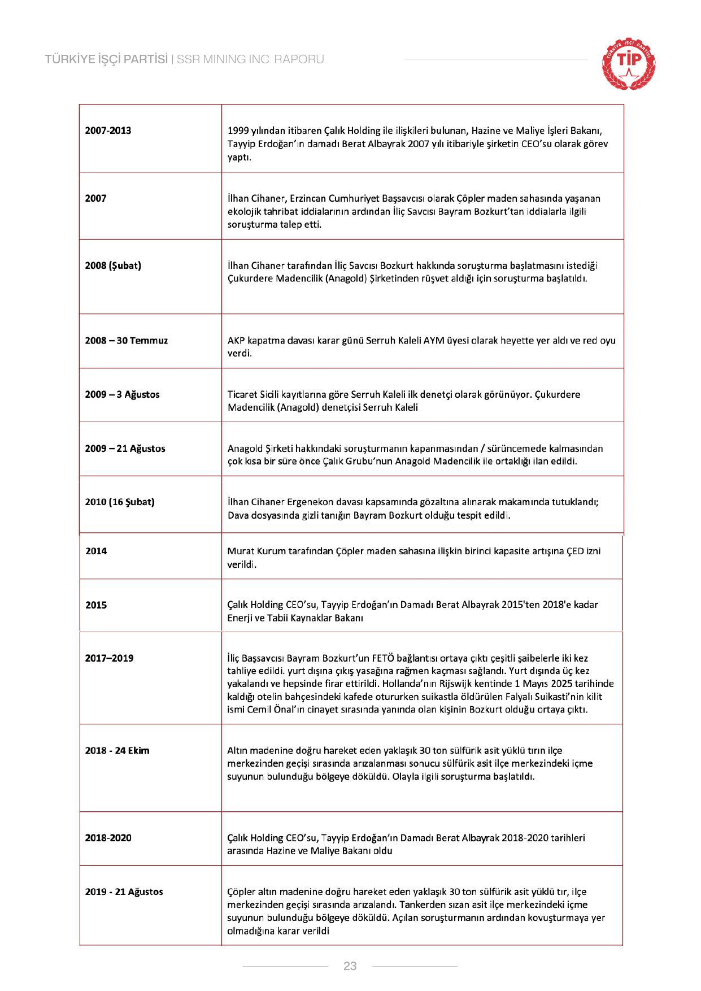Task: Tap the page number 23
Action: pos(350,966)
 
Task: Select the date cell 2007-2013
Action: pos(108,131)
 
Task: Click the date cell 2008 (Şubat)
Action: pos(113,266)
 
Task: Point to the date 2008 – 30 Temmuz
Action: pos(126,341)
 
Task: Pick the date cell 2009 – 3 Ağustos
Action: pos(122,394)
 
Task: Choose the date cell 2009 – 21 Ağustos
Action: pos(125,449)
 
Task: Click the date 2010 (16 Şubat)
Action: pos(119,502)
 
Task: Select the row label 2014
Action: pos(96,551)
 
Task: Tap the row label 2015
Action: pos(96,605)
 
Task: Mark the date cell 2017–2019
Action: pos(109,658)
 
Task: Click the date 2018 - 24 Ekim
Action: pos(117,750)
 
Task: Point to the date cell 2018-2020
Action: pos(108,838)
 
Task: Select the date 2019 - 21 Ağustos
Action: pos(124,892)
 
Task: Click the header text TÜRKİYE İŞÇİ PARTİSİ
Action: pos(107,59)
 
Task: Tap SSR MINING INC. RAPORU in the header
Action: pos(250,59)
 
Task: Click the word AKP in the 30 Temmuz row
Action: pos(236,341)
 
